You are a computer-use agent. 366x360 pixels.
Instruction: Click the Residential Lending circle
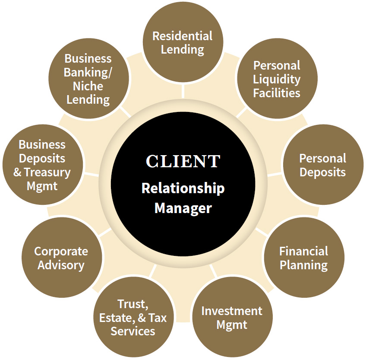click(x=183, y=42)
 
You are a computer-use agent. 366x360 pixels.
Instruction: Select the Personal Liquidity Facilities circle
click(x=277, y=79)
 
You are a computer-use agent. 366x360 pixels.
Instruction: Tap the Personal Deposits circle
click(x=322, y=165)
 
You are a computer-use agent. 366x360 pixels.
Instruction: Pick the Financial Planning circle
click(x=303, y=258)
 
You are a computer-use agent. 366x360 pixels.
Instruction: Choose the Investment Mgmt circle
click(x=232, y=318)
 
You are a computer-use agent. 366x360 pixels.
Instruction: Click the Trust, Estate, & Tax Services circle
click(x=133, y=318)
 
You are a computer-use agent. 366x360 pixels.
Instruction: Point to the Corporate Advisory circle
click(x=61, y=258)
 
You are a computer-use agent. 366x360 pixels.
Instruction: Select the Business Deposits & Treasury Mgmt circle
click(x=42, y=165)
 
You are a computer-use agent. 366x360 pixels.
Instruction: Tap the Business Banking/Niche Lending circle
click(x=88, y=79)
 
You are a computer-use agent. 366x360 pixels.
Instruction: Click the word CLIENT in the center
click(x=183, y=161)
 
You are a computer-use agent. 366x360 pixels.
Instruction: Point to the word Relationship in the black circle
click(x=183, y=188)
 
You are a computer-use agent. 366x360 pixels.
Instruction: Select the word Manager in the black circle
click(x=183, y=208)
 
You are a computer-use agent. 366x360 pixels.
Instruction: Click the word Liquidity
click(x=277, y=79)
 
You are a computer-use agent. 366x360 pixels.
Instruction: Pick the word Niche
click(x=88, y=86)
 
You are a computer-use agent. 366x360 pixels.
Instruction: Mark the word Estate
click(x=116, y=318)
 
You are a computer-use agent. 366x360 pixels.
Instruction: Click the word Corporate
click(x=61, y=251)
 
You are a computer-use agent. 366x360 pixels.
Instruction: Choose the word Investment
click(x=232, y=311)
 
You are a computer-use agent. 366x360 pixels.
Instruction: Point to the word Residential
click(x=183, y=35)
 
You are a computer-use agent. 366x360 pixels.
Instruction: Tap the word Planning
click(x=303, y=265)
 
